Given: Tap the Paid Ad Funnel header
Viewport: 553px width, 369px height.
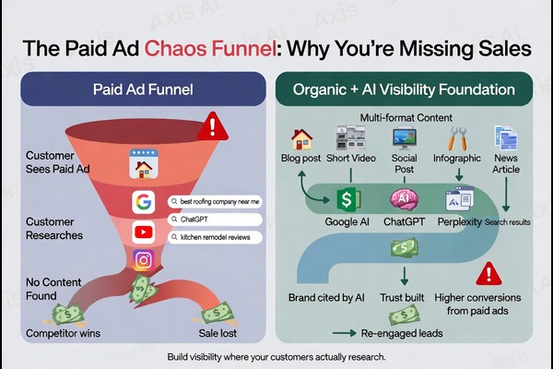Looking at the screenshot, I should (x=143, y=91).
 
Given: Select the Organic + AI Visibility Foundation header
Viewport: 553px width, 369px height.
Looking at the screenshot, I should (x=404, y=91).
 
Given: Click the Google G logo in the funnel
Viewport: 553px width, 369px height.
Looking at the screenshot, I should (x=143, y=202).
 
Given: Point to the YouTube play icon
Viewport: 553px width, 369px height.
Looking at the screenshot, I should (x=143, y=231).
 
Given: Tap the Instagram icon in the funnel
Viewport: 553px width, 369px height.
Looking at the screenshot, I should (x=143, y=260).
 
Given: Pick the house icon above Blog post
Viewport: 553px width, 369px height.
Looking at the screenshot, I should (x=301, y=139).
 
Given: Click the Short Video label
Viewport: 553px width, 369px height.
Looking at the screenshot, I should (x=351, y=158).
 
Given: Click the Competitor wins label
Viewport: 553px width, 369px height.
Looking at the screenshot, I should (x=64, y=332).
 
